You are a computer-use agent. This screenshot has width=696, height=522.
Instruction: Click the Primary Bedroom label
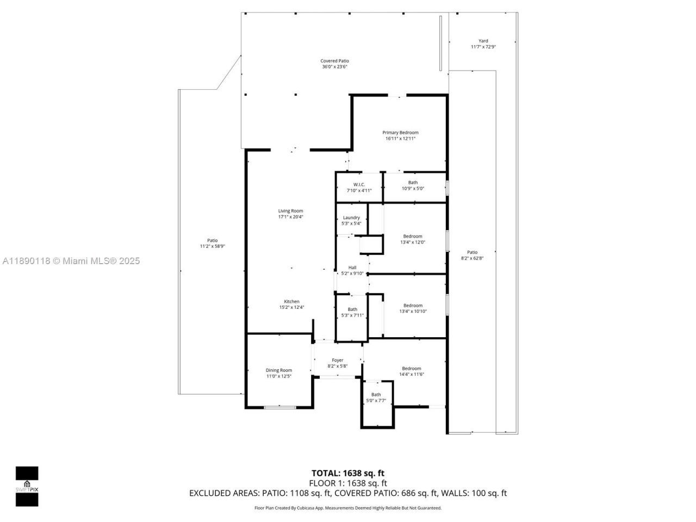400,133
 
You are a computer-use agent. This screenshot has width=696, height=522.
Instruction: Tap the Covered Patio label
334,61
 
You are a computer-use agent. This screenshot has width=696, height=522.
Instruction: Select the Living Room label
290,211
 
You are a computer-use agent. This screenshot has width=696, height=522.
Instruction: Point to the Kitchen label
291,302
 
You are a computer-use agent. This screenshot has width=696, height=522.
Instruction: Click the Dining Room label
279,370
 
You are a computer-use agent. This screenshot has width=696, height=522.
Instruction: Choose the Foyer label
338,360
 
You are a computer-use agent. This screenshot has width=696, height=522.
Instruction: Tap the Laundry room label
351,217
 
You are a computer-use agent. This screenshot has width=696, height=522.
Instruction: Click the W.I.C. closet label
359,184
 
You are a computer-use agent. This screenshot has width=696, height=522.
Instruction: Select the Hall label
352,268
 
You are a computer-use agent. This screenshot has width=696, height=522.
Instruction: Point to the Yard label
483,41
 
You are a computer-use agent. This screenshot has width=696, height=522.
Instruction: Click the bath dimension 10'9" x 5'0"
413,189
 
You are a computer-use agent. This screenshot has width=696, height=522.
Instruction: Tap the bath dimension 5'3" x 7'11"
352,315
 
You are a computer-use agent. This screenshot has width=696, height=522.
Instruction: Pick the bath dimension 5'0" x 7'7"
376,401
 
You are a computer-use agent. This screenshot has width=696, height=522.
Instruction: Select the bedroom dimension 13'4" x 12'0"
413,243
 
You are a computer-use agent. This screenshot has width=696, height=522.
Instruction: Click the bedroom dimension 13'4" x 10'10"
413,312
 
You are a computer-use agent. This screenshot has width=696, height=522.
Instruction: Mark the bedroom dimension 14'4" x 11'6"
412,374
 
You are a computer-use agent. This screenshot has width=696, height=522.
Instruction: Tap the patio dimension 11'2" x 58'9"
212,246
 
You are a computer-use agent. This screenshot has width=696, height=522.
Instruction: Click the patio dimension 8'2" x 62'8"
472,258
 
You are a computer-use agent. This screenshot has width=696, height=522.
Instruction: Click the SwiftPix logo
27,486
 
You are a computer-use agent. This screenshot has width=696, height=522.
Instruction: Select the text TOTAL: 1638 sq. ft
347,473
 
